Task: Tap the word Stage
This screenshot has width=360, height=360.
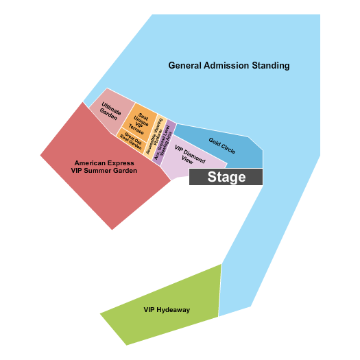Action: [226, 177]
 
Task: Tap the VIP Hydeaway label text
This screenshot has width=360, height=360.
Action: [167, 310]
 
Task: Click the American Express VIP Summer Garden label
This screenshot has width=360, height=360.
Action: [104, 167]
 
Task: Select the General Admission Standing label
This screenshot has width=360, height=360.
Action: [229, 66]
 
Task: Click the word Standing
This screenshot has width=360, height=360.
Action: [270, 66]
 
